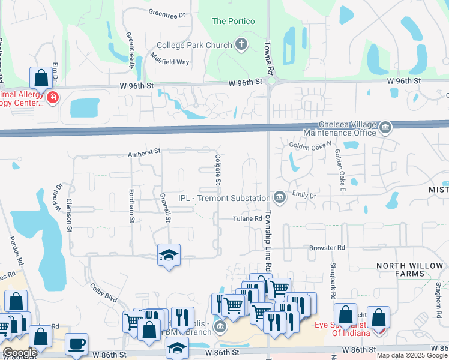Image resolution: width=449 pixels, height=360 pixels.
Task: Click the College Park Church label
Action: point(194,45)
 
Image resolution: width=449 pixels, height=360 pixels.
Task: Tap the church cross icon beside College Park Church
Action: point(241,44)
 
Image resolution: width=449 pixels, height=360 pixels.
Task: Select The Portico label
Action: point(234,22)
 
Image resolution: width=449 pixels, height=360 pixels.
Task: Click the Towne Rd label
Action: point(271,58)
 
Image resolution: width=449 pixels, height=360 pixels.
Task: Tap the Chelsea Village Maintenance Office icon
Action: point(385,127)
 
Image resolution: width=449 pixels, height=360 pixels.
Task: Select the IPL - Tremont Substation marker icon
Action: point(279,197)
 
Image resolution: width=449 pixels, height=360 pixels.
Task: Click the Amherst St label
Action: point(145,154)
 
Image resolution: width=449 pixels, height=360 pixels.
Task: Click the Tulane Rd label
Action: point(248,219)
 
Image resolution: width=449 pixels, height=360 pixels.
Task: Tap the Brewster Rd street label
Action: point(327,247)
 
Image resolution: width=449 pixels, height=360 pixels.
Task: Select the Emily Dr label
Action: point(304,194)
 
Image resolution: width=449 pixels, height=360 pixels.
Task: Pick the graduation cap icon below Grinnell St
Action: point(169,255)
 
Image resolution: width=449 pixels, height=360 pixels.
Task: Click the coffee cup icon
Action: point(76,344)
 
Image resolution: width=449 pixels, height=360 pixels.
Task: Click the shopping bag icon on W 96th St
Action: point(40,77)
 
